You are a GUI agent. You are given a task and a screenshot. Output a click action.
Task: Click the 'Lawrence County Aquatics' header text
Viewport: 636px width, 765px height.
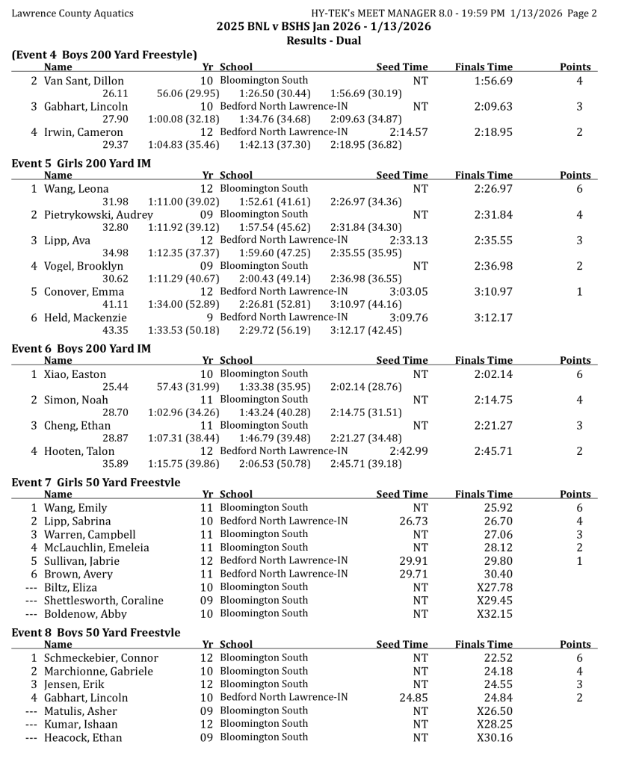click(72, 13)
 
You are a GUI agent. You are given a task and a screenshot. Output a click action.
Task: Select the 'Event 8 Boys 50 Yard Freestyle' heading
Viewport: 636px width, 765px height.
click(96, 632)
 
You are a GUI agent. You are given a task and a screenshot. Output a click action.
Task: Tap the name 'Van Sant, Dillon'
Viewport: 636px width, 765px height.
click(84, 81)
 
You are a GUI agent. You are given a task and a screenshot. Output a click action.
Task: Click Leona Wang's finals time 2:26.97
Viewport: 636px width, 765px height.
click(493, 188)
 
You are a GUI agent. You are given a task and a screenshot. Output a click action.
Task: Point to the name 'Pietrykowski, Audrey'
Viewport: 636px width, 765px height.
click(98, 214)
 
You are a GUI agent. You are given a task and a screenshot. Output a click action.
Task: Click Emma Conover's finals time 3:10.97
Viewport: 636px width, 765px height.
click(493, 291)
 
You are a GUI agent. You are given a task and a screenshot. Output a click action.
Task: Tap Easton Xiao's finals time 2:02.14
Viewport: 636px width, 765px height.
click(493, 374)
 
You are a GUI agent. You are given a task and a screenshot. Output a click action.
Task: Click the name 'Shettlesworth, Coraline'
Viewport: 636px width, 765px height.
click(103, 600)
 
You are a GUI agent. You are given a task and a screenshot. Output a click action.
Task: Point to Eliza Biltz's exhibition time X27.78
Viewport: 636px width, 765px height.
click(495, 587)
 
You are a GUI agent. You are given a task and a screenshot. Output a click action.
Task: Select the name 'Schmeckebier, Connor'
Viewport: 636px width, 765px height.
click(101, 657)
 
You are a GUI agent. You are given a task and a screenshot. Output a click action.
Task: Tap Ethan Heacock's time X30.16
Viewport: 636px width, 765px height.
click(495, 737)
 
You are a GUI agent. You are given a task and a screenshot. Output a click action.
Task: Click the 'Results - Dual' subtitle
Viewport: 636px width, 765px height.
click(324, 40)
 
